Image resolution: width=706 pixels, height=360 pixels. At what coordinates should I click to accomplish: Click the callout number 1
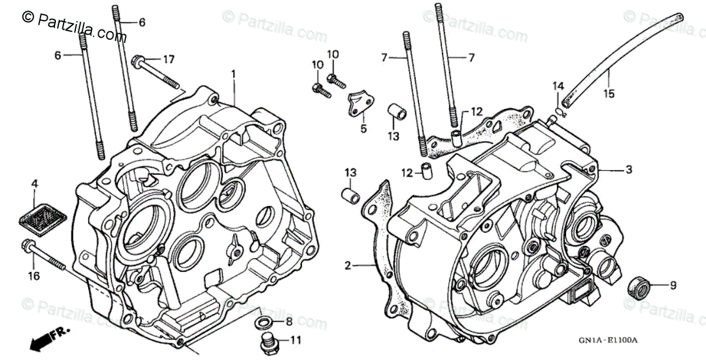(x=233, y=74)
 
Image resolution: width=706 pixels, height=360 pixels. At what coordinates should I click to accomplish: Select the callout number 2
(x=348, y=266)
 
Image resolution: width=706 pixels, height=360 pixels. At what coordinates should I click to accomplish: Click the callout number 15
(x=609, y=93)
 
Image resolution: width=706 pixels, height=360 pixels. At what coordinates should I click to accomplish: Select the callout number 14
(x=557, y=87)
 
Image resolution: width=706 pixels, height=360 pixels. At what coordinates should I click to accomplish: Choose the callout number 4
(x=35, y=185)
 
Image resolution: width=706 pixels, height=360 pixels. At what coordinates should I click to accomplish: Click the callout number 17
(x=169, y=59)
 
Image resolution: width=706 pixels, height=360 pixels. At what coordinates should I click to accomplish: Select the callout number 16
(x=33, y=276)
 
